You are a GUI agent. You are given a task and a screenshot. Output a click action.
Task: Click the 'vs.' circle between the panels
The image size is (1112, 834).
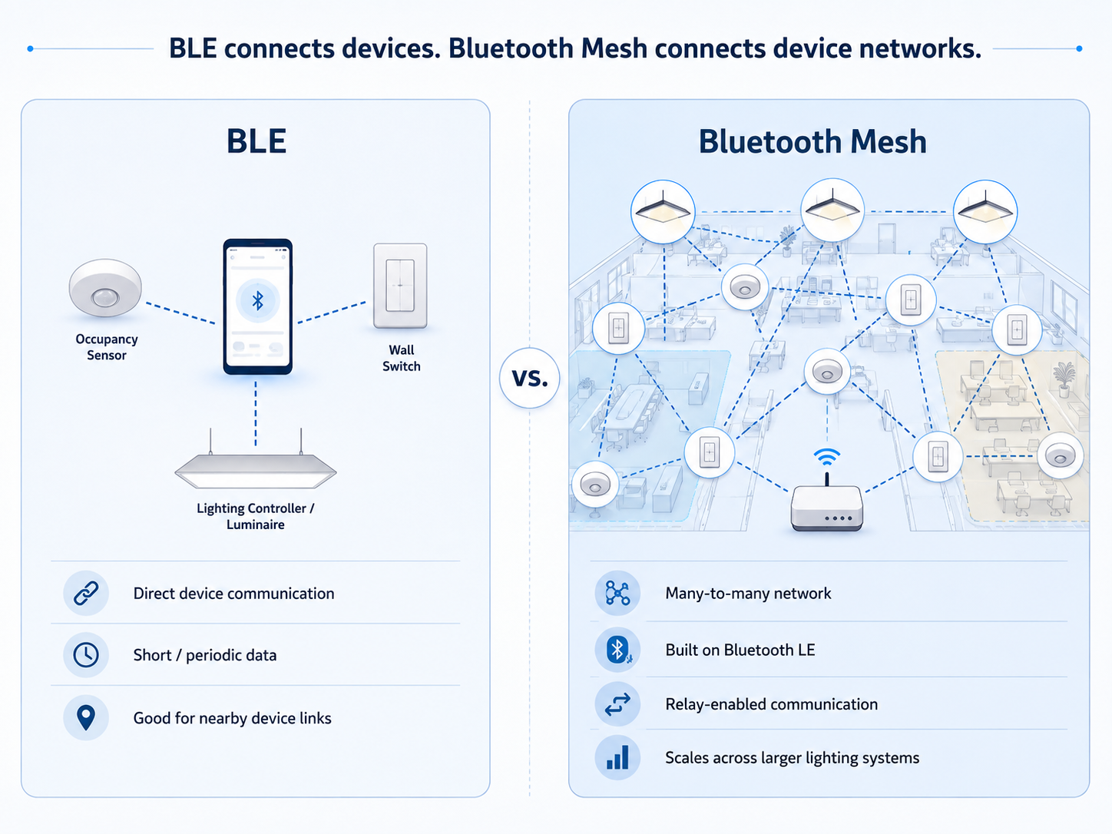(529, 378)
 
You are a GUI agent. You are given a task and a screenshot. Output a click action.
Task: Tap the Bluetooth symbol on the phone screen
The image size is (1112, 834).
(258, 301)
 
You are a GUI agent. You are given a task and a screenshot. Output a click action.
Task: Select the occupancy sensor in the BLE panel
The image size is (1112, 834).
(105, 288)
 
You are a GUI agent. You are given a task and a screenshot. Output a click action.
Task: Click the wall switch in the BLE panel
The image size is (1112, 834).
(400, 286)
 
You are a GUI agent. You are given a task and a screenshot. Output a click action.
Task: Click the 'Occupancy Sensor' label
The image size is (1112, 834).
(107, 347)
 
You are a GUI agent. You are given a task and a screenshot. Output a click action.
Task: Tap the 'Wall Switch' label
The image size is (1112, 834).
(401, 358)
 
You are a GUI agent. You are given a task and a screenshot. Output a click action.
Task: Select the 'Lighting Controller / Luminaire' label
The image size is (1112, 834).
(255, 516)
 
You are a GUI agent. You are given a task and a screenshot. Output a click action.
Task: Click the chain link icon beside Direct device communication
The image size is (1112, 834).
(85, 593)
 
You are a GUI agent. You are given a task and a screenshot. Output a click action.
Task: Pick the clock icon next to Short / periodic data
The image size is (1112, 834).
(85, 655)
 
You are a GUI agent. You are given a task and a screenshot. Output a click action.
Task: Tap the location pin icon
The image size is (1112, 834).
(85, 717)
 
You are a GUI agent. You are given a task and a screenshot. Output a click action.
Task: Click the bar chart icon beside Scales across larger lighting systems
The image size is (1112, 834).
(617, 757)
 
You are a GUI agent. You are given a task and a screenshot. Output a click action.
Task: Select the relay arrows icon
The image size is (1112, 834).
(617, 704)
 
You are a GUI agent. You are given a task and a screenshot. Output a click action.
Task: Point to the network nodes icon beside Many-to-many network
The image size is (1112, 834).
(617, 593)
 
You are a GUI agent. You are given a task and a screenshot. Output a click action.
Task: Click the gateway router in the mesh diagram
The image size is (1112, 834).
(827, 508)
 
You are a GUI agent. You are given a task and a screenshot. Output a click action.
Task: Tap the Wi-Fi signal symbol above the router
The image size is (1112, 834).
(827, 457)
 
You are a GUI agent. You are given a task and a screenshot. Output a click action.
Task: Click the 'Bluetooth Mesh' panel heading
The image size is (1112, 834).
(812, 141)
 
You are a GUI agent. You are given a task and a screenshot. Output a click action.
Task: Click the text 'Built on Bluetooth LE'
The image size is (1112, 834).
(740, 650)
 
